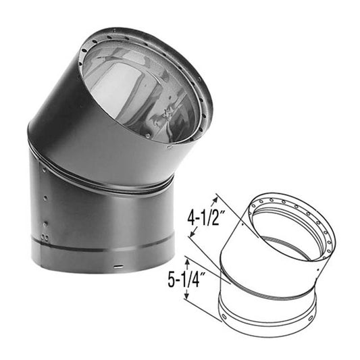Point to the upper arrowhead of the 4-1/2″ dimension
tap(217, 197)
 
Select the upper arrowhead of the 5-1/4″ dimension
tap(187, 257)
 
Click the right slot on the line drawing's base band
tap(310, 316)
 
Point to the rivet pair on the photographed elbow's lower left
tap(44, 237)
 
